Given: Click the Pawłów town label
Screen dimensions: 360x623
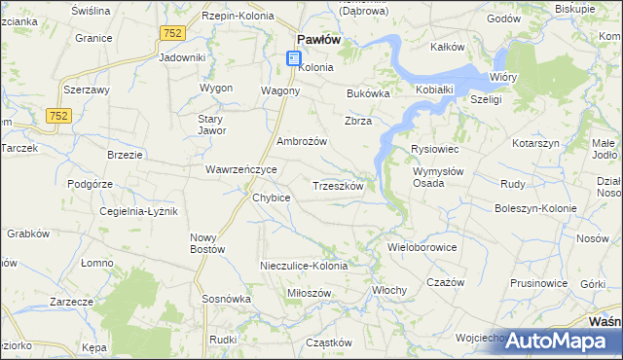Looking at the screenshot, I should [x=317, y=40].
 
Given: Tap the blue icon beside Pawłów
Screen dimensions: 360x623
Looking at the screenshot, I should [x=294, y=59].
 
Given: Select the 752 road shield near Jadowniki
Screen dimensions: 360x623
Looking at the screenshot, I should [x=172, y=32].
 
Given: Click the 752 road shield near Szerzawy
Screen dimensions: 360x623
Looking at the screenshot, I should [x=56, y=115].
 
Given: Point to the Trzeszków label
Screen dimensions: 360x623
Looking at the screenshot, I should [x=338, y=186].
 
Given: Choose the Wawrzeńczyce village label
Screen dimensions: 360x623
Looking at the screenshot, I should [x=240, y=169].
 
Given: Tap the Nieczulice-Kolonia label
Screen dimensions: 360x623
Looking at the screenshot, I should [x=303, y=266].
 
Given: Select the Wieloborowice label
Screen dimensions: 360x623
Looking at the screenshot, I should [x=422, y=247].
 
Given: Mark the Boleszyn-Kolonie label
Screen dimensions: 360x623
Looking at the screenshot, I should [x=535, y=208].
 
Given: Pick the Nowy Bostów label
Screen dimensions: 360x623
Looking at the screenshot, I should [x=207, y=243].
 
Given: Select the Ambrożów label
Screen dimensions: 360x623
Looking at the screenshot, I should [x=302, y=141].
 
